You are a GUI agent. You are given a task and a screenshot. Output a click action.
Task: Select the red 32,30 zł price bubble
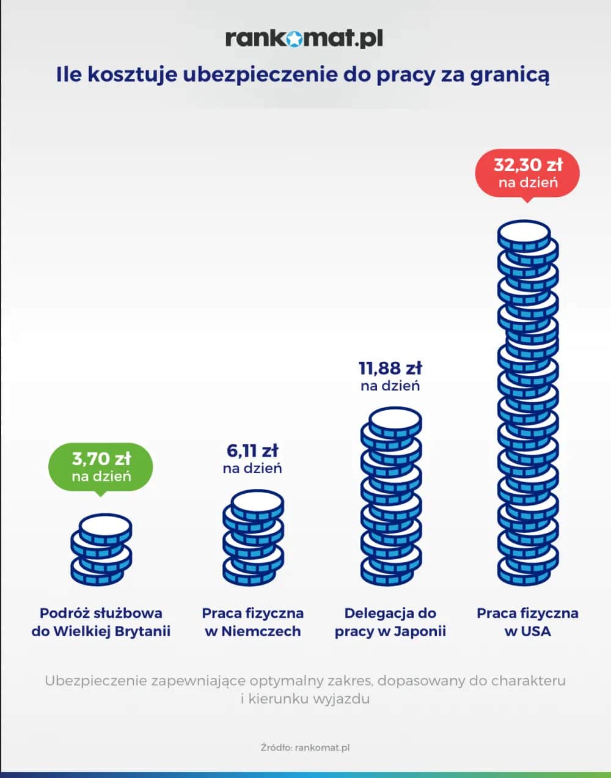(527, 172)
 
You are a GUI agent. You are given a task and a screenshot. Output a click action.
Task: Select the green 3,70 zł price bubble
(101, 466)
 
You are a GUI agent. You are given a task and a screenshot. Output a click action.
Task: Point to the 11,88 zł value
(390, 369)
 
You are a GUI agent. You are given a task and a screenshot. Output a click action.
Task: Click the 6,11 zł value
(252, 451)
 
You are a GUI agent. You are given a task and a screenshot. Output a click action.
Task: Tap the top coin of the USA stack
(524, 233)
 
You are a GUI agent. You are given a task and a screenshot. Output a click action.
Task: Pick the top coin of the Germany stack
(257, 502)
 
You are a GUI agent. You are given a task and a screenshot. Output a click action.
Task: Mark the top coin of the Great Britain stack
(106, 525)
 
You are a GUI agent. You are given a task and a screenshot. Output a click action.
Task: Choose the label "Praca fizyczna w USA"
(527, 622)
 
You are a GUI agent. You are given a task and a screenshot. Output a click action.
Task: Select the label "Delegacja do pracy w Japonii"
(390, 622)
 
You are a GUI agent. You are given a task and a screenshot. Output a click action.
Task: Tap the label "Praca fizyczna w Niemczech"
(252, 622)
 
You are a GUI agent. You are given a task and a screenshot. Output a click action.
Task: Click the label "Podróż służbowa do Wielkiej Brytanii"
(101, 622)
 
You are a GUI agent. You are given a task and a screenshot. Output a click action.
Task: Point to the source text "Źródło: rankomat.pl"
(305, 747)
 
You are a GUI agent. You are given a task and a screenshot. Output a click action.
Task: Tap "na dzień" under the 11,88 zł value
(390, 386)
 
